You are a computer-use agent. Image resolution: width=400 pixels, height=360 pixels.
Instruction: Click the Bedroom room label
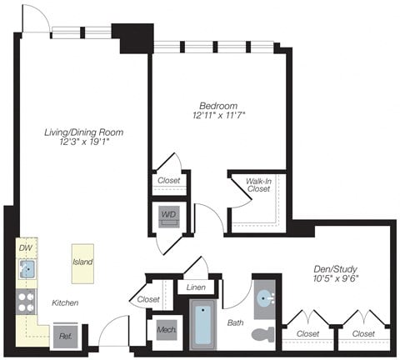218,106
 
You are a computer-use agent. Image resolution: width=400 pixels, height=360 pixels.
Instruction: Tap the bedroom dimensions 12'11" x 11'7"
218,117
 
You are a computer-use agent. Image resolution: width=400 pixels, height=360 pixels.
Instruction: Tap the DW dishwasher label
25,247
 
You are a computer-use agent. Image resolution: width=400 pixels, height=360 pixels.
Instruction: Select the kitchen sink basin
27,268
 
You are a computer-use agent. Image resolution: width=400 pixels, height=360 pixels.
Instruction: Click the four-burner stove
26,302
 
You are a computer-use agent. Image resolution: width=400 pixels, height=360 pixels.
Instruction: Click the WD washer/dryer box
169,214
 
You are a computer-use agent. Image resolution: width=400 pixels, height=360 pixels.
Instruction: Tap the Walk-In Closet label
258,184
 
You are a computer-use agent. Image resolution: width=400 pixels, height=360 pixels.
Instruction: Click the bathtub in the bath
202,327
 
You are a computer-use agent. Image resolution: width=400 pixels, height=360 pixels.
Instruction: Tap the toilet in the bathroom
263,335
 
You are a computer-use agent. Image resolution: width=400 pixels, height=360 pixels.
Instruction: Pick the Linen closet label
197,287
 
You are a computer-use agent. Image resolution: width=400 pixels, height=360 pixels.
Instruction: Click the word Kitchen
64,302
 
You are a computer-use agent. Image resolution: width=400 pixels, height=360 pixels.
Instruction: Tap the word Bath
235,322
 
